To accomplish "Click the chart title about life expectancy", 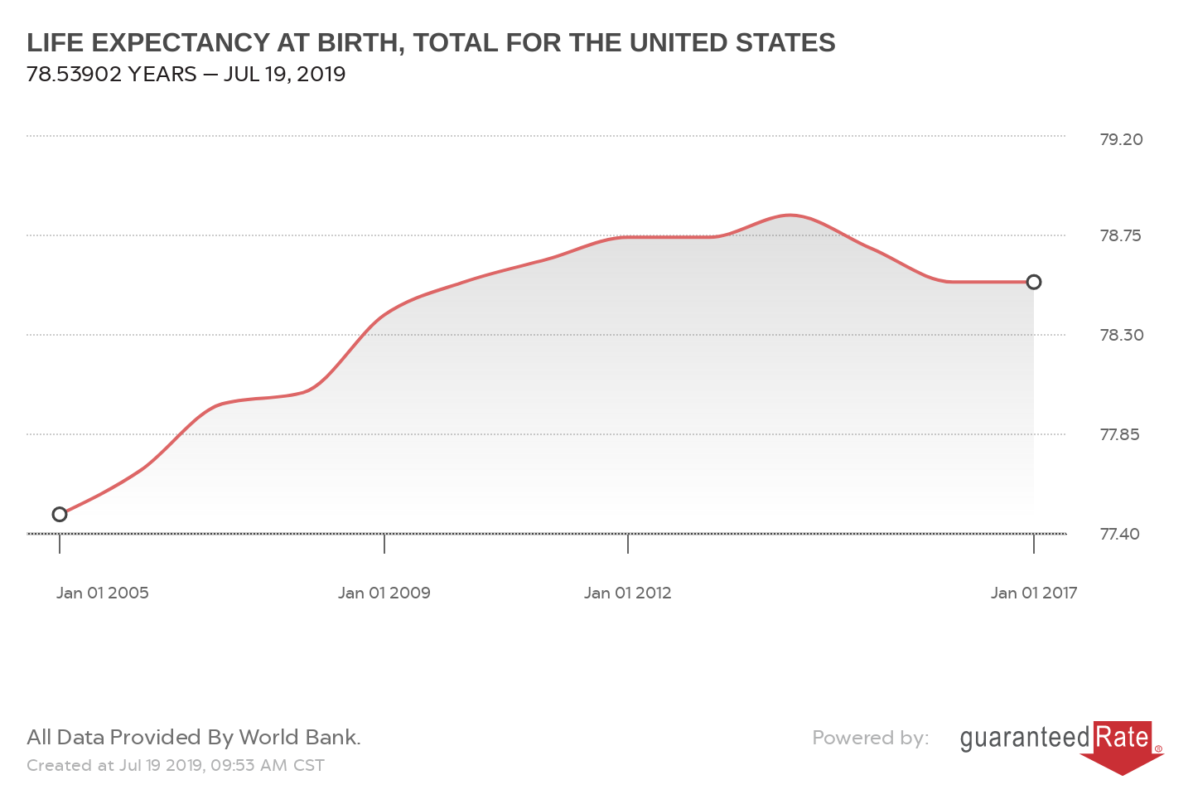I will point(431,42).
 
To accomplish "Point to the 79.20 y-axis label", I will point(1121,139).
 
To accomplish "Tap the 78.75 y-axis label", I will point(1120,235).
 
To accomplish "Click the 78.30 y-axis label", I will point(1121,335).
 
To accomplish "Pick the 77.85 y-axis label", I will point(1119,434).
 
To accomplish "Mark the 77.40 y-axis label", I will point(1119,534).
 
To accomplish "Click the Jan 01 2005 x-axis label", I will point(103,593).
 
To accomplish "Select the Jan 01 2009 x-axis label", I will point(384,593).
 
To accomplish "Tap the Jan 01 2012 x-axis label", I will point(627,593).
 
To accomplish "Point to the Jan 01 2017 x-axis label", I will point(1034,593).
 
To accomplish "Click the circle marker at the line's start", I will point(60,515).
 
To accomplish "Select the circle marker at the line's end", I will point(1034,282).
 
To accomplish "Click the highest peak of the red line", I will point(790,216).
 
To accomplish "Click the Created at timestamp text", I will point(176,765).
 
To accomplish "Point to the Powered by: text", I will point(870,738).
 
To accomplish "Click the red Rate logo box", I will point(1123,738).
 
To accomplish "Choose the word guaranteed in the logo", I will point(1025,738).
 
